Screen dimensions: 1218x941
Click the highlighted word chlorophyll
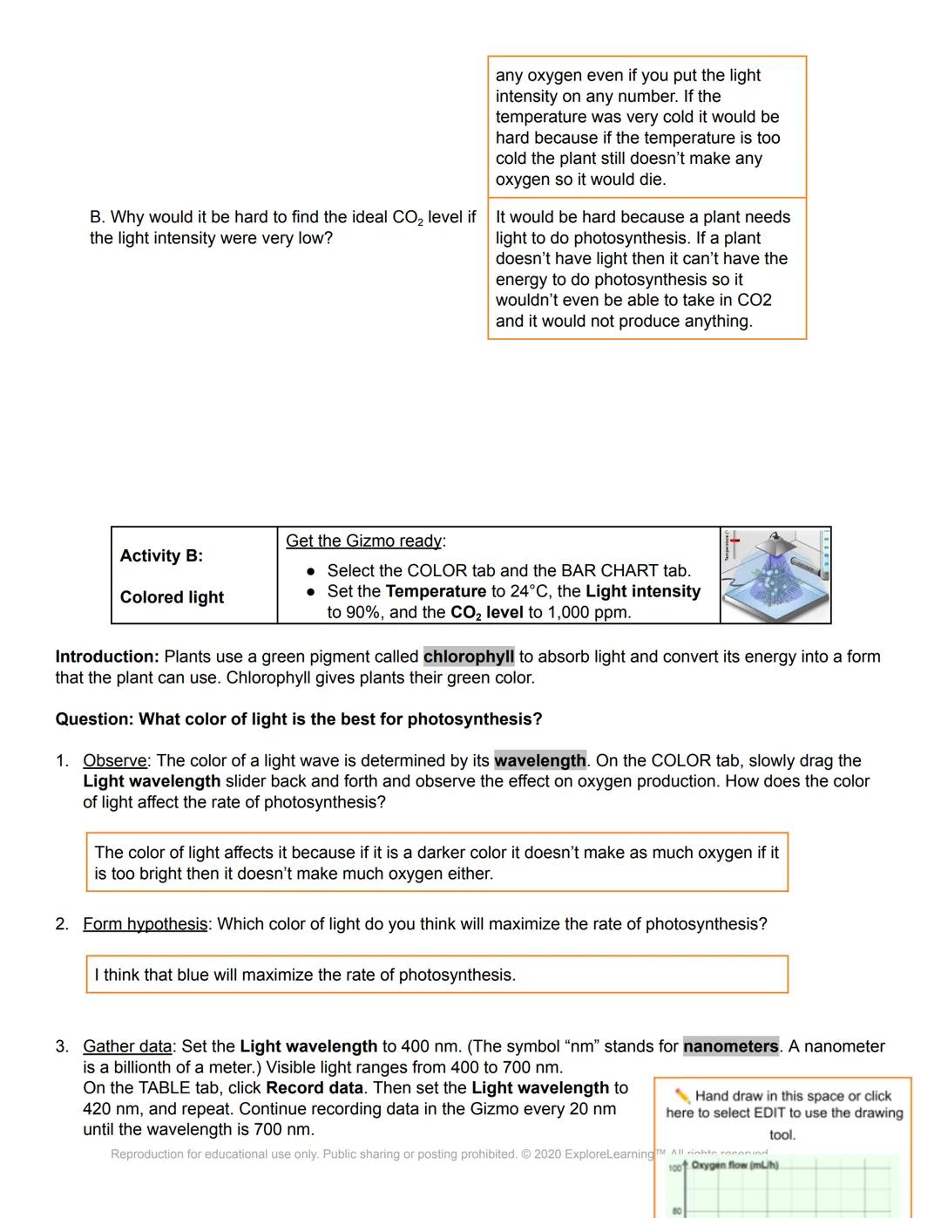(469, 657)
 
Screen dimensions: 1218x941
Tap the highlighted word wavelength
(539, 760)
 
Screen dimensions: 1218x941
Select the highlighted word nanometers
(730, 1046)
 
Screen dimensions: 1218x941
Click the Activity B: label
(161, 555)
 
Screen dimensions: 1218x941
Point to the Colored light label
(172, 597)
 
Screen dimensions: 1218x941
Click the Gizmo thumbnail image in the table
(775, 575)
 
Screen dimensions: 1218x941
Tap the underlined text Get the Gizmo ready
(364, 541)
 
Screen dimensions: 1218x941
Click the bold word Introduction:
(106, 657)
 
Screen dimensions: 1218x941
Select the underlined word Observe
(114, 760)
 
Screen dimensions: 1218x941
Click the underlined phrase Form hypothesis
(145, 923)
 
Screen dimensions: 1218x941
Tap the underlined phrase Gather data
(127, 1046)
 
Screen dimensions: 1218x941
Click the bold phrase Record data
(314, 1088)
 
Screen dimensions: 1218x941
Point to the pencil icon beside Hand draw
(682, 1096)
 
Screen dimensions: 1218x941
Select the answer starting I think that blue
(305, 975)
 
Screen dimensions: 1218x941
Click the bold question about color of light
(298, 719)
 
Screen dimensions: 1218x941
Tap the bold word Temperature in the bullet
(436, 591)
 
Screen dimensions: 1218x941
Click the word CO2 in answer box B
(754, 300)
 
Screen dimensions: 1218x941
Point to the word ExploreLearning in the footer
(608, 1154)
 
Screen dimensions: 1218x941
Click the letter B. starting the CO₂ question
(97, 217)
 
